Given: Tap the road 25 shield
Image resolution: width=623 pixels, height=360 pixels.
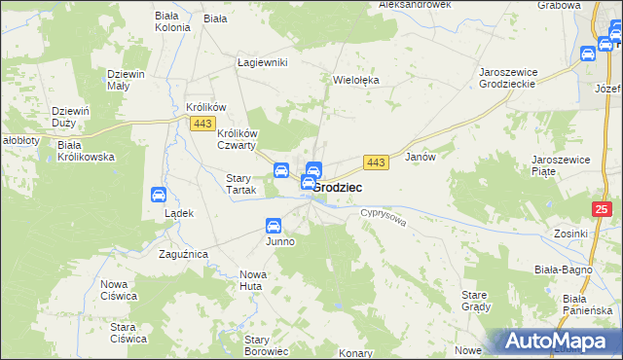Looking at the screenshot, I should coord(603,208).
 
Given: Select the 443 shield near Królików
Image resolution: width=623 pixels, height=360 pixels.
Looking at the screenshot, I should coord(202,124).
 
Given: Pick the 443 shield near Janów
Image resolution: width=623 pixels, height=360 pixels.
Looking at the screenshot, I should coord(377,161).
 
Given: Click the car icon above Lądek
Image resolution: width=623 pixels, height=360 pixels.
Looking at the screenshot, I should coord(159,195).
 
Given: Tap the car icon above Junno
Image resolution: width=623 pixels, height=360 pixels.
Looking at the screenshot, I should coord(274,226).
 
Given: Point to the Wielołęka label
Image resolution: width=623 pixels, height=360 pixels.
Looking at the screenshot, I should coord(355,81).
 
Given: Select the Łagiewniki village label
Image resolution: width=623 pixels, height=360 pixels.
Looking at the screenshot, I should coord(262,62).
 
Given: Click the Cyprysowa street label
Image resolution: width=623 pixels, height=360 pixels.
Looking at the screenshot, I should coord(382,215).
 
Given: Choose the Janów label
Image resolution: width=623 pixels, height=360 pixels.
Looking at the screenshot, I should coord(419,156).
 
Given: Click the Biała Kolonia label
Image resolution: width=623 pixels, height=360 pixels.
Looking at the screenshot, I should coord(172,21).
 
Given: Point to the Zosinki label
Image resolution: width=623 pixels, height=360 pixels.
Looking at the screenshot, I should coord(570,234).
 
